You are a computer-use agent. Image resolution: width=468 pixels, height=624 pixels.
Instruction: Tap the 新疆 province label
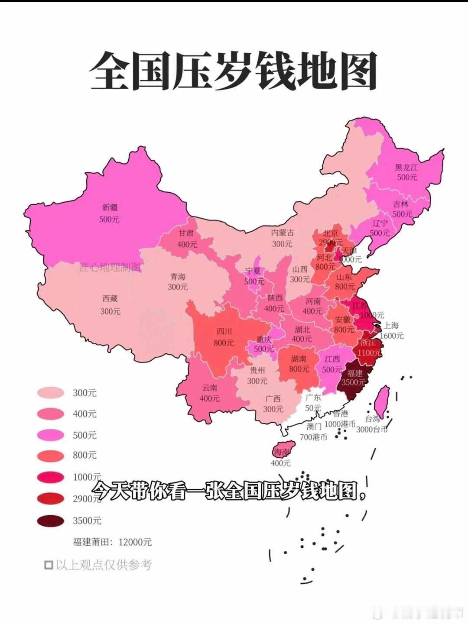(110, 208)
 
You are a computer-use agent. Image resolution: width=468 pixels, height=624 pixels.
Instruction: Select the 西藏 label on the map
(110, 299)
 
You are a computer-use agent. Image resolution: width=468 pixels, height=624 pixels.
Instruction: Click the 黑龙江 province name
(406, 167)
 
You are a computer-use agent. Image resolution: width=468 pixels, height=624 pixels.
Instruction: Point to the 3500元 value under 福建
(353, 382)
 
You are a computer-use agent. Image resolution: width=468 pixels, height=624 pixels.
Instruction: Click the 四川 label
(224, 332)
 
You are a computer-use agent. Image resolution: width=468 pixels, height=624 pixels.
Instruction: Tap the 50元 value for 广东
(313, 408)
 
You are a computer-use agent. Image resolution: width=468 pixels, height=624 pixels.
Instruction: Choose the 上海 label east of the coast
(391, 325)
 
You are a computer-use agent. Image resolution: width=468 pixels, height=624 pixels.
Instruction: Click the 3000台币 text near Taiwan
(372, 430)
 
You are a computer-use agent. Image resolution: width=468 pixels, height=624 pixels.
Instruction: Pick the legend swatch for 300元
(51, 393)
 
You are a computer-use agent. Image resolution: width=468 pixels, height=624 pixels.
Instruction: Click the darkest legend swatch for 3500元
(51, 521)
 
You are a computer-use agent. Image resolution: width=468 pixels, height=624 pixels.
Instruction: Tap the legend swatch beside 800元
(51, 456)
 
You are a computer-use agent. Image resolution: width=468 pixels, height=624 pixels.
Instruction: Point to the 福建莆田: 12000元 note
(112, 542)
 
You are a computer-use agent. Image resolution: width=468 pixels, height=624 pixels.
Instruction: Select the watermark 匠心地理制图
(110, 267)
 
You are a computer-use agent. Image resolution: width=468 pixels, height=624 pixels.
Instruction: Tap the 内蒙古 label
(283, 233)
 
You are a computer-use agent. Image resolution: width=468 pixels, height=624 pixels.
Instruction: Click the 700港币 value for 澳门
(313, 437)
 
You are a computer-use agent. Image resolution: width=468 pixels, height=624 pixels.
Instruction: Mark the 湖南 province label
(299, 359)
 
